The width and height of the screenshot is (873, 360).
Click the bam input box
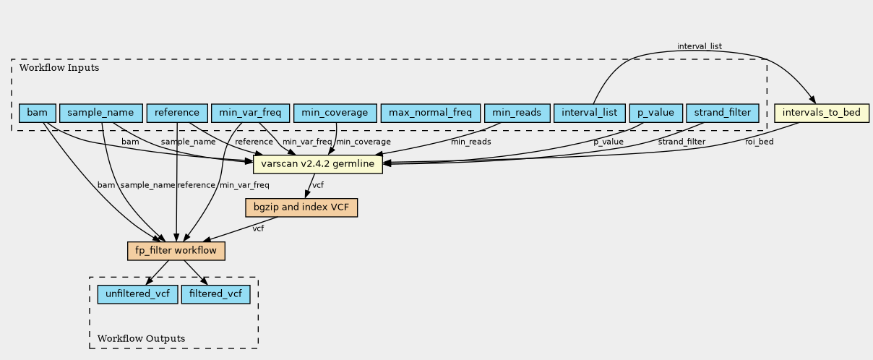38,113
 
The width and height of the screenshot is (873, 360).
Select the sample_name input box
101,113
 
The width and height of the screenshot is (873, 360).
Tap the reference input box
177,113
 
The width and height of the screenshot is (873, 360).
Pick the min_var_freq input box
250,113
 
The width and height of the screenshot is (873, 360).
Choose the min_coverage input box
335,113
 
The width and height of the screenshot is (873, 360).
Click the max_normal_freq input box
430,113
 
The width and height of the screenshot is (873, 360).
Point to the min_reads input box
517,113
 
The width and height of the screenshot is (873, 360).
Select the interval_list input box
589,113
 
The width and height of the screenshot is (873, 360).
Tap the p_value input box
656,113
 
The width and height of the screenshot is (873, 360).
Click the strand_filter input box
723,113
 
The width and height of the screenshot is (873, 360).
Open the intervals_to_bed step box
822,113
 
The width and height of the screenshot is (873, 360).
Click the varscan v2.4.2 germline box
318,164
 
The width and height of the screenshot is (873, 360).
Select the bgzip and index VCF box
301,207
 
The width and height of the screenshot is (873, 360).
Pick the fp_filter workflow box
176,251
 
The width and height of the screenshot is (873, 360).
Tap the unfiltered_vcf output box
137,294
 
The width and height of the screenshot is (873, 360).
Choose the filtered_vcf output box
215,294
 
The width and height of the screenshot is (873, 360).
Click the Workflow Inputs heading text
59,68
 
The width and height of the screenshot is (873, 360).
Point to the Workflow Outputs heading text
141,338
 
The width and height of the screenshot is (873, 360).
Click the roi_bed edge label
760,142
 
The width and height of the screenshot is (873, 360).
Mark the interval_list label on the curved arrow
700,46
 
